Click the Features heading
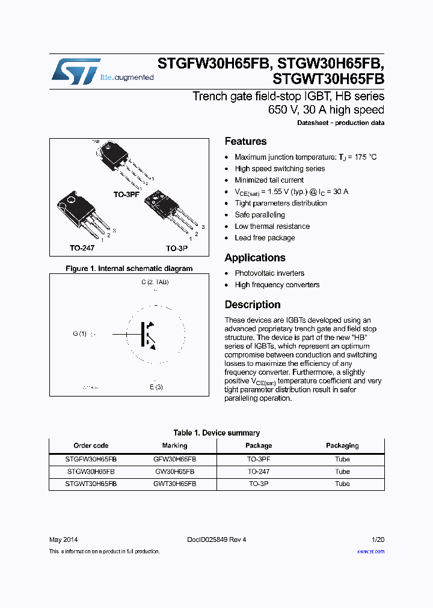pyautogui.click(x=245, y=142)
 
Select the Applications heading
pyautogui.click(x=255, y=258)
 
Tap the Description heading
pyautogui.click(x=253, y=305)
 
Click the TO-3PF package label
pyautogui.click(x=126, y=195)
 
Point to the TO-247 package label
pyautogui.click(x=82, y=248)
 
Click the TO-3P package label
pyautogui.click(x=177, y=248)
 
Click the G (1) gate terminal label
pyautogui.click(x=80, y=334)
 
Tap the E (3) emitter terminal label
pyautogui.click(x=156, y=388)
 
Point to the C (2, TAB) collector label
pyautogui.click(x=155, y=282)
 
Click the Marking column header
pyautogui.click(x=174, y=446)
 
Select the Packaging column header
pyautogui.click(x=342, y=446)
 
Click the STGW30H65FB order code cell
pyautogui.click(x=91, y=472)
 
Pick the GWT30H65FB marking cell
pyautogui.click(x=174, y=484)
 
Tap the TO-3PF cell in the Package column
pyautogui.click(x=259, y=459)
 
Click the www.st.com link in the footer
pyautogui.click(x=370, y=552)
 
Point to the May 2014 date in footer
pyautogui.click(x=63, y=540)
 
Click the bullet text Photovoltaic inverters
pyautogui.click(x=269, y=273)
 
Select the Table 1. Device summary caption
pyautogui.click(x=216, y=433)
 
